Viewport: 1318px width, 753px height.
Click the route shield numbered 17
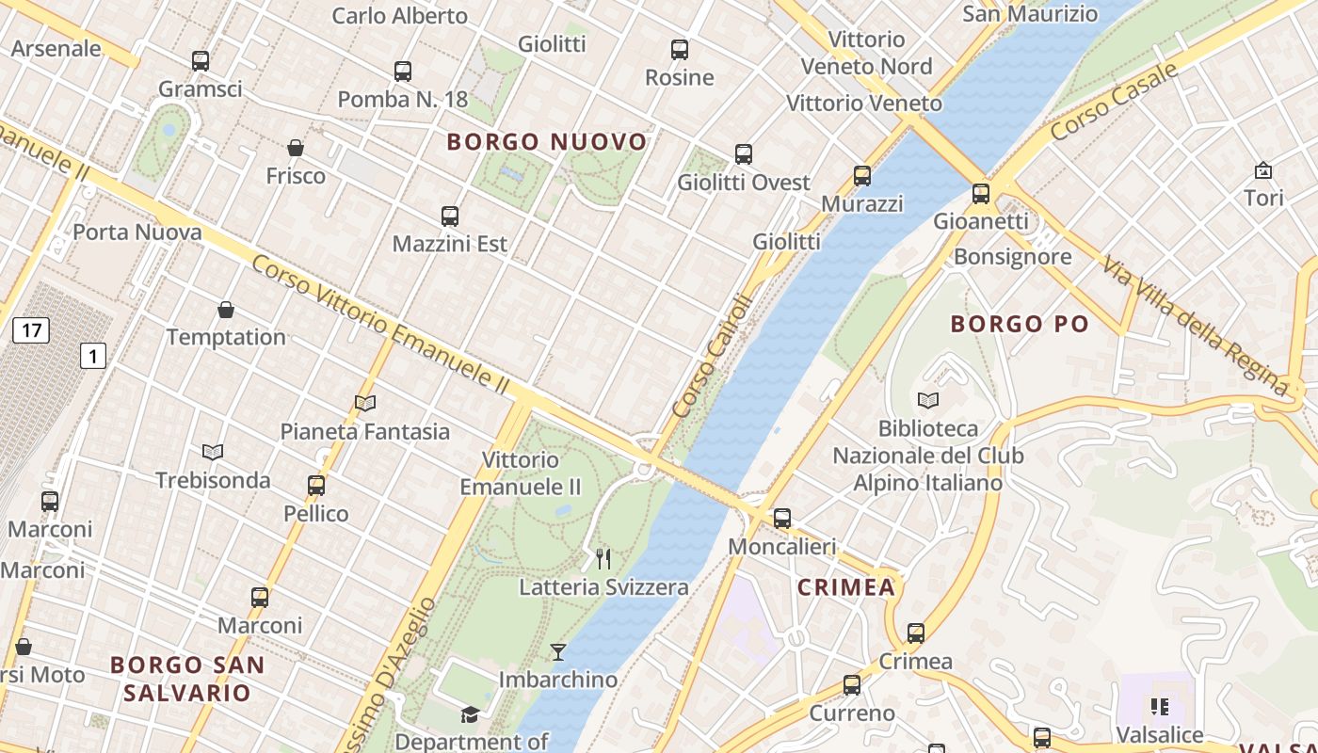pos(31,330)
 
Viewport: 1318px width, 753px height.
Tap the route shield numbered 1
pos(92,356)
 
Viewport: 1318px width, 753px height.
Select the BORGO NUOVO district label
pos(547,142)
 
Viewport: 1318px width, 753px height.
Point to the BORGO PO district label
pos(1020,325)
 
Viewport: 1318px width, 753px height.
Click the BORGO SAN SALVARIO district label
pos(187,679)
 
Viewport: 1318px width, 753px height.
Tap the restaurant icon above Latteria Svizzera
pos(603,559)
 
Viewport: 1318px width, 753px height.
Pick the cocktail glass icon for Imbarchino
pos(558,651)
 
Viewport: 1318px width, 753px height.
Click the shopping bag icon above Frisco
pos(296,148)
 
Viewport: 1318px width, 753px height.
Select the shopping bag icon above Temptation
pos(226,309)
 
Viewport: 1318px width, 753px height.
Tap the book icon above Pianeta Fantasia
pos(365,403)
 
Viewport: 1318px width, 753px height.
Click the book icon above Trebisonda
pos(213,452)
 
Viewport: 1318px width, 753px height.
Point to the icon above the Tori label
pos(1263,170)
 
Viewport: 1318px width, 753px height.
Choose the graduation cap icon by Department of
pos(470,714)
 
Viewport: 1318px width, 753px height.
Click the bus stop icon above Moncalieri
pos(782,518)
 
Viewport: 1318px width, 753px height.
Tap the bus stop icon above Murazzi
pos(862,175)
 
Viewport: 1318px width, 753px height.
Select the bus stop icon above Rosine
pos(680,50)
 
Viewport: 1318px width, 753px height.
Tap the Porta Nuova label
pos(137,232)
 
